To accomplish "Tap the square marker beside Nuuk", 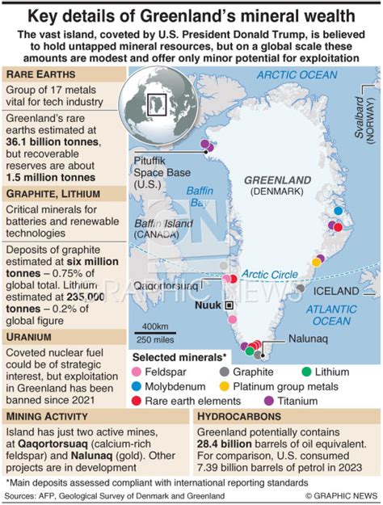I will pyautogui.click(x=229, y=305).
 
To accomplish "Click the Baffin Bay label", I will pyautogui.click(x=198, y=197).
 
